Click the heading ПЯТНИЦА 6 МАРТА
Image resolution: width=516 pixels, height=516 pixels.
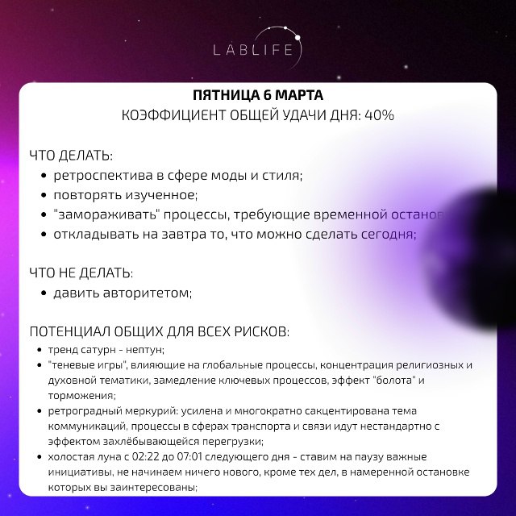(x=257, y=94)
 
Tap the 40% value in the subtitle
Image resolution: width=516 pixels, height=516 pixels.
(x=379, y=114)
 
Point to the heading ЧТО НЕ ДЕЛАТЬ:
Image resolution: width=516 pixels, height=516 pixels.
(x=81, y=273)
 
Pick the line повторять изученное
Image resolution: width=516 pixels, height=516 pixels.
(x=125, y=195)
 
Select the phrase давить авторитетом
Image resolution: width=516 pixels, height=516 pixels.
(x=123, y=293)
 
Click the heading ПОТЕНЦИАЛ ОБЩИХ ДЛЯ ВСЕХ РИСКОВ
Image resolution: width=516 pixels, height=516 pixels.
(x=159, y=332)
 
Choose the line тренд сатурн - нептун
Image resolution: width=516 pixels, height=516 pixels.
(x=106, y=350)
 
